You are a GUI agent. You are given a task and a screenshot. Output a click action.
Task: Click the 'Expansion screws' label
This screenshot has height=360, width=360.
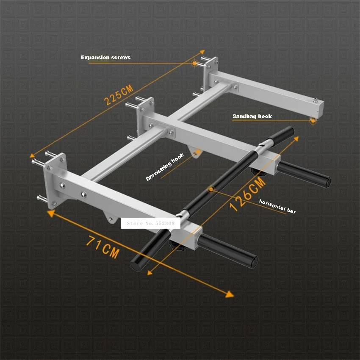pyautogui.click(x=105, y=58)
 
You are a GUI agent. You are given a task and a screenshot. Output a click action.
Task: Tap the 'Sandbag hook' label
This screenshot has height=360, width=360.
pyautogui.click(x=252, y=116)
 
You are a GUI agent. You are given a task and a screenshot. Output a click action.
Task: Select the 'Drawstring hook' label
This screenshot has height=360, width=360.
pyautogui.click(x=165, y=167)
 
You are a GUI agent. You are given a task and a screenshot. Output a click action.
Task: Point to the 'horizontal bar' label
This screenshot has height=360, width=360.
pyautogui.click(x=277, y=206)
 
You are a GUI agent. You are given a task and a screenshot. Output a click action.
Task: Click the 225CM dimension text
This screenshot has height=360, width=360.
pyautogui.click(x=119, y=94)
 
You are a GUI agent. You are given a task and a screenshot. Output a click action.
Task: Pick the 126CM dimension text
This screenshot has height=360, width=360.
pyautogui.click(x=247, y=194)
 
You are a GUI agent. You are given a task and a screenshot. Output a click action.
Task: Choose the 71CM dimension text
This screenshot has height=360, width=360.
pyautogui.click(x=102, y=247)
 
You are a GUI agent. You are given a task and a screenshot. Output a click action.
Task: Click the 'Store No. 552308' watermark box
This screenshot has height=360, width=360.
pyautogui.click(x=150, y=223)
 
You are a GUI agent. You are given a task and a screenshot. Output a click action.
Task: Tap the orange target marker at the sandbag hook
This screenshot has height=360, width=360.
pyautogui.click(x=313, y=120)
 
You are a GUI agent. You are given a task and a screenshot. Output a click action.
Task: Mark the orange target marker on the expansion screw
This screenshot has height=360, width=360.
pyautogui.click(x=195, y=63)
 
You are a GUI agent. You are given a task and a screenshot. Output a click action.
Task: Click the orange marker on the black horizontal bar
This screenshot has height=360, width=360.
pyautogui.click(x=211, y=189)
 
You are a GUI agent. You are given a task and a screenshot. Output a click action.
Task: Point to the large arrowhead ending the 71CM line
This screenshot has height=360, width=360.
pyautogui.click(x=230, y=294)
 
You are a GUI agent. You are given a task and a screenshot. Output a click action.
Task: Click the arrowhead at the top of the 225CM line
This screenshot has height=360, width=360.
pyautogui.click(x=202, y=52)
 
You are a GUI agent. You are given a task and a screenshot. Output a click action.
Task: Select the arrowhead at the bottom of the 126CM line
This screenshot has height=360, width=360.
pyautogui.click(x=150, y=272)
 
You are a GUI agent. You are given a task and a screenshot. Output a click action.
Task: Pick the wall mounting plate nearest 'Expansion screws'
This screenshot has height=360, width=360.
pyautogui.click(x=210, y=73)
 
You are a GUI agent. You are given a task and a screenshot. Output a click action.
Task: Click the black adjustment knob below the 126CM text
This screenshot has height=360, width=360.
pyautogui.click(x=255, y=171)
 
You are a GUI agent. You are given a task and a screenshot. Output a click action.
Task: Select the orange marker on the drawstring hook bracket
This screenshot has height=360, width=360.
pyautogui.click(x=198, y=152)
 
